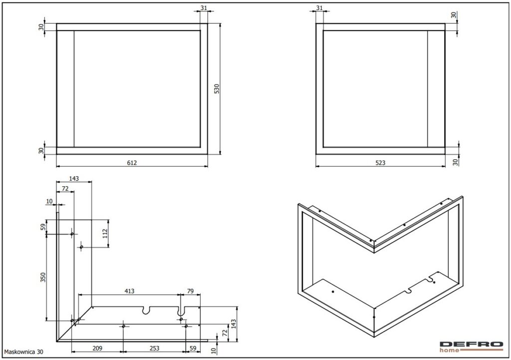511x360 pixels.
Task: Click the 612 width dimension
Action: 132,163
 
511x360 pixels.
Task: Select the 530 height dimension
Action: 217,89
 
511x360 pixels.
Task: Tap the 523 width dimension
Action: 380,163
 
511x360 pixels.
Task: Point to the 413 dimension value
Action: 129,291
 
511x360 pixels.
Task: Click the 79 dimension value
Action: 190,291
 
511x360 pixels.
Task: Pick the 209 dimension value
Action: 97,348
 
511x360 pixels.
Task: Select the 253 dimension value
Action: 154,348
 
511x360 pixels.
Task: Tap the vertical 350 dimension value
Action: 43,277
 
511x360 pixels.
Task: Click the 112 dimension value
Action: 105,234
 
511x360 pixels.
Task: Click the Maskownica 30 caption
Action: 23,352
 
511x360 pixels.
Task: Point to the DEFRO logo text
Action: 471,345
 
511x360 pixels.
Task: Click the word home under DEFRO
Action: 450,351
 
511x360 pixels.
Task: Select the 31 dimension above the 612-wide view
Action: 204,8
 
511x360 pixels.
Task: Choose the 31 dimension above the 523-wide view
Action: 319,8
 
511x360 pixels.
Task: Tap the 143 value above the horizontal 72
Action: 74,179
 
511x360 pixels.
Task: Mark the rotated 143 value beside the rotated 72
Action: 233,324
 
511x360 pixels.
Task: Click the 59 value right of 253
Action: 193,348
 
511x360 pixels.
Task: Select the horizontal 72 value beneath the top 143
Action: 65,188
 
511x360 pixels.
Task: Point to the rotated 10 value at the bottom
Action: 214,351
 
